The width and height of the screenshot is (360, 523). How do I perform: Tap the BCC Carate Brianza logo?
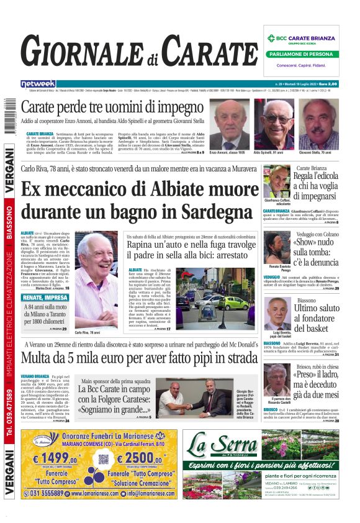pos(303,38)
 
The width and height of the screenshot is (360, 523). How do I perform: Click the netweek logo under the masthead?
pos(38,83)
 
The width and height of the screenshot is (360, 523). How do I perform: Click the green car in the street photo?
pos(233,302)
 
